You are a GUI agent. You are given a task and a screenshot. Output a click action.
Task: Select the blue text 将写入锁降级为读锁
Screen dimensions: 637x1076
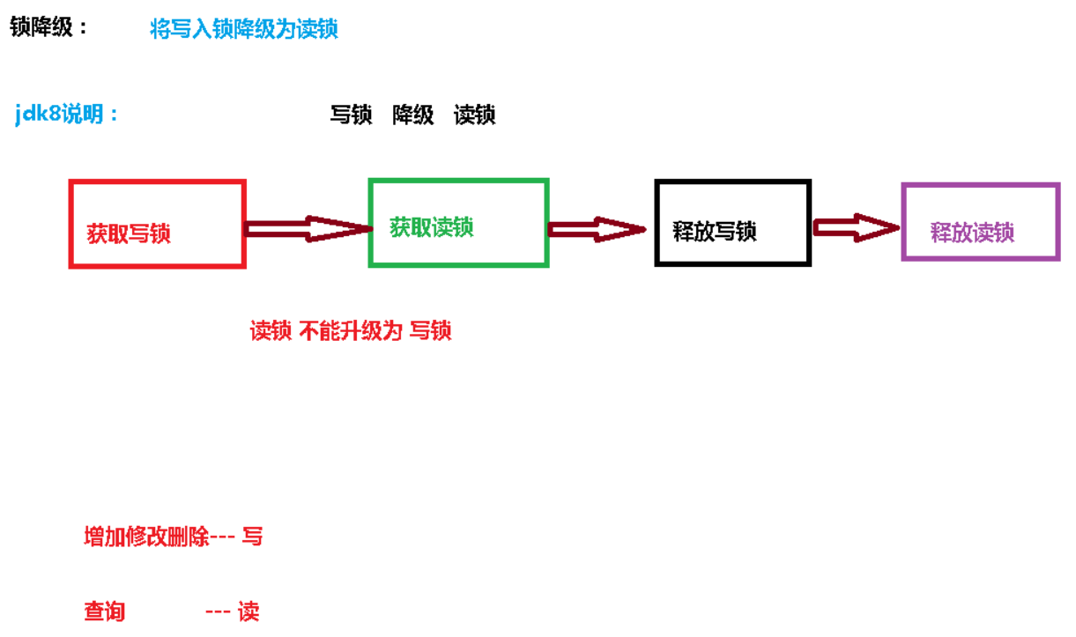(x=244, y=29)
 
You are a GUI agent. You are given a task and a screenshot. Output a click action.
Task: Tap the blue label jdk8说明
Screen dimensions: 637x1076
(x=67, y=115)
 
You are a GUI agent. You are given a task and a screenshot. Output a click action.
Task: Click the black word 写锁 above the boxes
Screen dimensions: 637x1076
(x=351, y=115)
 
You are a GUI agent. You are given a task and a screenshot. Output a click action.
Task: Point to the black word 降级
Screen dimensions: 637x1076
(x=413, y=115)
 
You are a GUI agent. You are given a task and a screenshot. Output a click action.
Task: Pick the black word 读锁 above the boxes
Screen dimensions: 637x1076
(x=474, y=115)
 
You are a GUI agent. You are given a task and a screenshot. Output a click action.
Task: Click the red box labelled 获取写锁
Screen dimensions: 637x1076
(x=157, y=224)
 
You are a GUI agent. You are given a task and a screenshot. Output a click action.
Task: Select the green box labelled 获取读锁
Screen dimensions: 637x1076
(x=458, y=223)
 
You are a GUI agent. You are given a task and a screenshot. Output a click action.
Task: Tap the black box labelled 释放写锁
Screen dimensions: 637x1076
(x=732, y=222)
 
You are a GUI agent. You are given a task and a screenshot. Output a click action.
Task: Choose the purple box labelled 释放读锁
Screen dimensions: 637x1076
(x=980, y=222)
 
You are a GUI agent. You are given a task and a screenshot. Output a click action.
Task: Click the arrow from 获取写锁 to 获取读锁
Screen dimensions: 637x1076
(x=307, y=229)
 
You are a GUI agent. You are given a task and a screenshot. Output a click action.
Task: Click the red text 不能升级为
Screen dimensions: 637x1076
(x=351, y=331)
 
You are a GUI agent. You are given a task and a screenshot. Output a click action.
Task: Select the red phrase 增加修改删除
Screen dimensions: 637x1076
(x=146, y=537)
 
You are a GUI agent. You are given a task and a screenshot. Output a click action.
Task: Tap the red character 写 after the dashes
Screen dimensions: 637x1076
(x=252, y=537)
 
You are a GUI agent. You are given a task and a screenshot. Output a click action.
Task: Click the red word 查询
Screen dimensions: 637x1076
(x=104, y=611)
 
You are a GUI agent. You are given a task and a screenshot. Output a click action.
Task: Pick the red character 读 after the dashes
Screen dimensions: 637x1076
(x=249, y=611)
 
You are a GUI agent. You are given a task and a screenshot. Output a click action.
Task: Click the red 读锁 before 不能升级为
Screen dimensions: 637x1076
(x=271, y=331)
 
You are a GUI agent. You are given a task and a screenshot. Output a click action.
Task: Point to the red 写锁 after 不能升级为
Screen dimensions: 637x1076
(x=431, y=331)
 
